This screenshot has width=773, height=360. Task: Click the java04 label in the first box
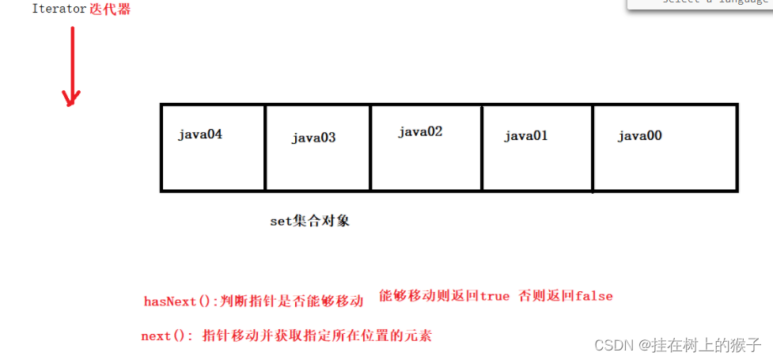[200, 135]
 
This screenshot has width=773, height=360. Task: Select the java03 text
[313, 138]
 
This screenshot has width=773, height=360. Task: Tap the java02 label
[420, 131]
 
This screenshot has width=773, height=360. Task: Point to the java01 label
[526, 135]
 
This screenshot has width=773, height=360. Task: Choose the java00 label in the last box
[639, 135]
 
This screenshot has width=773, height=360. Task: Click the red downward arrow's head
[72, 99]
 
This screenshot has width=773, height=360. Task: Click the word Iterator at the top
[59, 9]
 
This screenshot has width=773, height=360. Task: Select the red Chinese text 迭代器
[110, 9]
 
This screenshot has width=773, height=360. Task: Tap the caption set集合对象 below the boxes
[310, 222]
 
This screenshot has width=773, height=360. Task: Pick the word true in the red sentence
[494, 296]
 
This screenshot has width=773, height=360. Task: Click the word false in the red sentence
[594, 296]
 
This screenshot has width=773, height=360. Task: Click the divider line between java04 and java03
[265, 147]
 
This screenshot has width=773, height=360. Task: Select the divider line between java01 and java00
[593, 147]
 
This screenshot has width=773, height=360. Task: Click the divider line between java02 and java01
[481, 147]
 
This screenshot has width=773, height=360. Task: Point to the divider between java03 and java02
[370, 147]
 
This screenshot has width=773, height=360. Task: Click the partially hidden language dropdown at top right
[700, 4]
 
